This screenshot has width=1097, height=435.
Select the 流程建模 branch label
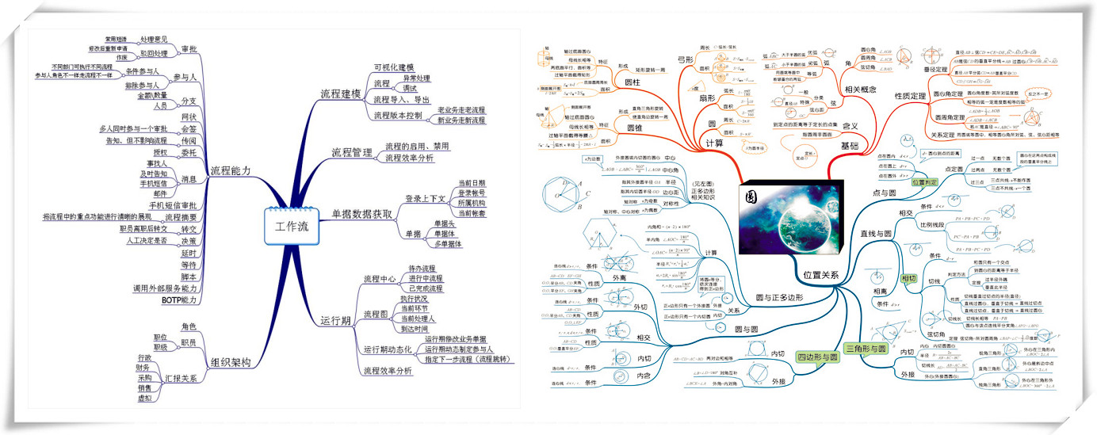pos(341,93)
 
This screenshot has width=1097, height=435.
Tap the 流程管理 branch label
pos(351,152)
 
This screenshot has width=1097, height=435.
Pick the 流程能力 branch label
pos(231,170)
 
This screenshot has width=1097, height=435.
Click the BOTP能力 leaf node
pos(179,300)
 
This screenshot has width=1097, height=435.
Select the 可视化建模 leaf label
pos(394,67)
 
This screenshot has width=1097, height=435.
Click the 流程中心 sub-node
pos(378,279)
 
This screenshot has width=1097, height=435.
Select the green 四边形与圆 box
pos(817,358)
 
